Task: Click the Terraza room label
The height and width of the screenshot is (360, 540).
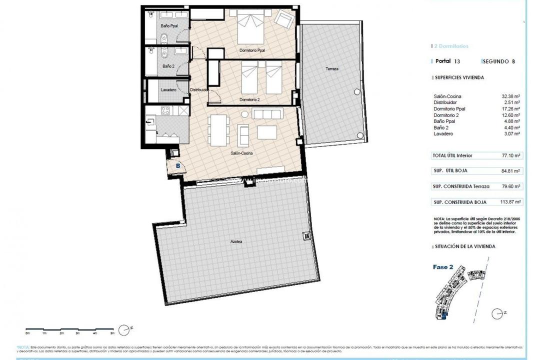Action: coord(332,69)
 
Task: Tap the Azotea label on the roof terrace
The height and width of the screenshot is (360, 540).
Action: coord(236,241)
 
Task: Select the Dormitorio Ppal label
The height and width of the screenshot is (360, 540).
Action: coord(252,50)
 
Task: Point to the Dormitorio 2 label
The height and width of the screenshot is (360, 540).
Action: coord(249,99)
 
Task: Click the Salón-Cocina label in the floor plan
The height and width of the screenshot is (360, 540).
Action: coord(241,153)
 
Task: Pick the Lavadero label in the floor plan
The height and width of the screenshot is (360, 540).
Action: coord(167,90)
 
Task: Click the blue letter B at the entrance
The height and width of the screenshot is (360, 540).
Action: coord(177,166)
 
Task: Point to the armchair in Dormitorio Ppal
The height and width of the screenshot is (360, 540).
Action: coord(284,20)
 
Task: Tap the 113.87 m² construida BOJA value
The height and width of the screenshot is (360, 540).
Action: coord(511,202)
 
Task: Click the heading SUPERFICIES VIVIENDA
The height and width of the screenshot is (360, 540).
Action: coord(459,77)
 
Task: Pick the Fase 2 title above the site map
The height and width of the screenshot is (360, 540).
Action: coord(442,267)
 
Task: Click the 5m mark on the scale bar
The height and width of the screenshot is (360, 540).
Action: coord(112,332)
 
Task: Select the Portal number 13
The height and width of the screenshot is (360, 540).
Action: coord(457,61)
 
